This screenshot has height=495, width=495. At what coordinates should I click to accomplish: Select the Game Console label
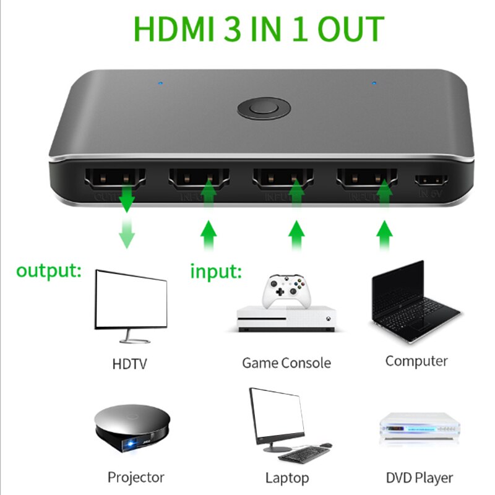coord(286,363)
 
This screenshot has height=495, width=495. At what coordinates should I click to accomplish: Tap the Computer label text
coord(416,361)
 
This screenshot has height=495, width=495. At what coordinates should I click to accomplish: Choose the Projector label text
coord(136,477)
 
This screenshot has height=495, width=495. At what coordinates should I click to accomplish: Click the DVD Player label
coord(420,478)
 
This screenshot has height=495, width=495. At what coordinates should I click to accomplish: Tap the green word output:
coord(49,271)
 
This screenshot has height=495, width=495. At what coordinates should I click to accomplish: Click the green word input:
coord(215,271)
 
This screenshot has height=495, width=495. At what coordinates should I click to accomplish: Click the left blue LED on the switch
coord(161,82)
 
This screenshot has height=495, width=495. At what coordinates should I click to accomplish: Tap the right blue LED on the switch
coord(373,82)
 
